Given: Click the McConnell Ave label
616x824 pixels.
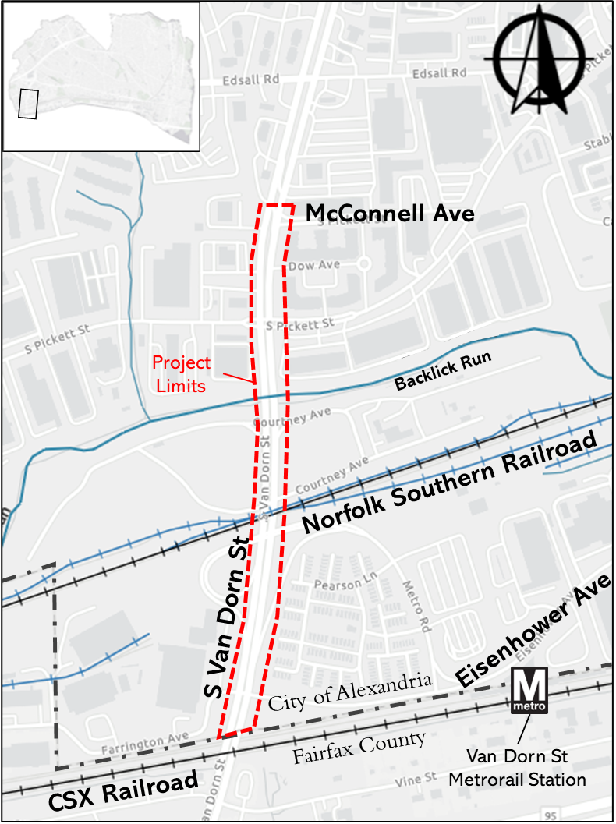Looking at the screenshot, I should click(389, 214).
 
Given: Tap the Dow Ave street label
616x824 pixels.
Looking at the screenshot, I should click(314, 266).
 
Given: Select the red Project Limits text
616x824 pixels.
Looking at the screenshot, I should click(181, 374).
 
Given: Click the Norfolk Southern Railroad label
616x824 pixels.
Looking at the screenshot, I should click(450, 483).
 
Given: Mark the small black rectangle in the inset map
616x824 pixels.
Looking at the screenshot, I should click(28, 103).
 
